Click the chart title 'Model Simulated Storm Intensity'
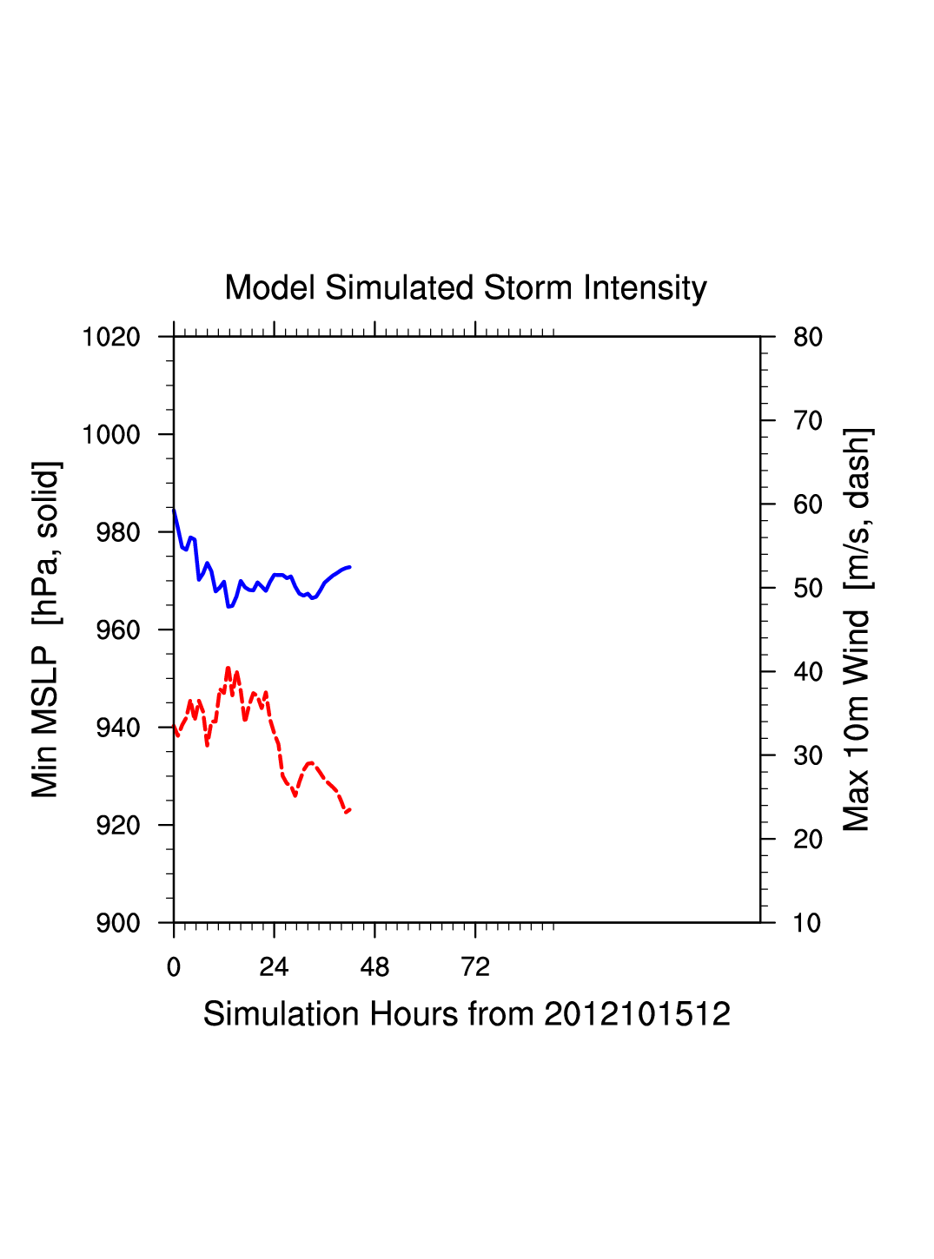click(x=466, y=288)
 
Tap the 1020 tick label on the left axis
click(x=111, y=337)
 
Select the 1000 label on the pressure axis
click(x=111, y=435)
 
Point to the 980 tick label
click(x=118, y=532)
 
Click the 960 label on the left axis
click(x=118, y=630)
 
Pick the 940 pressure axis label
click(x=118, y=728)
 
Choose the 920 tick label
click(x=118, y=826)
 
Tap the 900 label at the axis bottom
click(x=118, y=923)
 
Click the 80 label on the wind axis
click(x=808, y=337)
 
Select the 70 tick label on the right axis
click(x=808, y=421)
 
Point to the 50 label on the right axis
click(x=808, y=589)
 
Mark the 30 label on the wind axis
click(x=808, y=756)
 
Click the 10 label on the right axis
click(x=808, y=923)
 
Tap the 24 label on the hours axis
click(x=274, y=967)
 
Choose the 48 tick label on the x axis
click(x=374, y=967)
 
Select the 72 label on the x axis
click(x=475, y=967)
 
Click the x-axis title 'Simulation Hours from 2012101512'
click(x=467, y=1014)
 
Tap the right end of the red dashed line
click(x=349, y=809)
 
